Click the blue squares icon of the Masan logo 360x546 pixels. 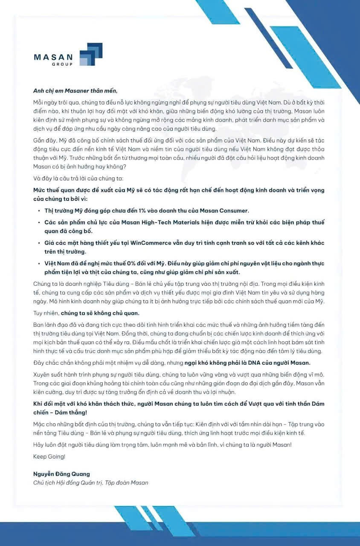click(91, 54)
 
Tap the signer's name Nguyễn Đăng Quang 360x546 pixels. click(61, 474)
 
